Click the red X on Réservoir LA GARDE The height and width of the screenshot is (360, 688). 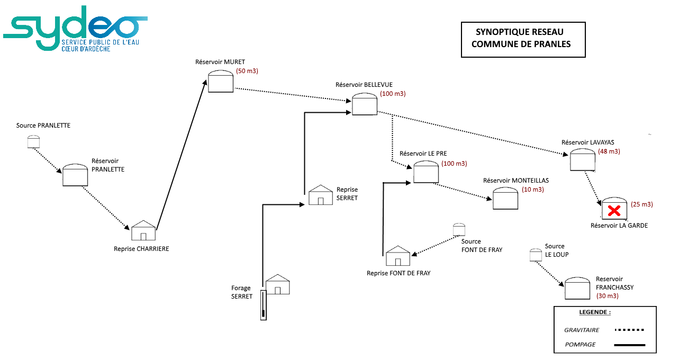point(614,211)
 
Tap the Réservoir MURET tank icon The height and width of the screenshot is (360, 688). point(221,81)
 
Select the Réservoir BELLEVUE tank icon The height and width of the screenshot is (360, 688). point(365,104)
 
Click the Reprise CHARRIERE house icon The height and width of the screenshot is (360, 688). point(143,230)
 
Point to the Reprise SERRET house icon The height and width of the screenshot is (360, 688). point(321,195)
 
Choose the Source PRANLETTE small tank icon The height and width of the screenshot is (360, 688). point(33,141)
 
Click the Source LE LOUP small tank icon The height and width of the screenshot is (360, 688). point(536,255)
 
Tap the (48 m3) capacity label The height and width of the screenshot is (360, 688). point(609,151)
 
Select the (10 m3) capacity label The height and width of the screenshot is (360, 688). point(533,190)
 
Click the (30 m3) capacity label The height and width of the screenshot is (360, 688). point(608,296)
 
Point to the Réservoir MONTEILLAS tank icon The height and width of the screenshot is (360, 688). point(505,199)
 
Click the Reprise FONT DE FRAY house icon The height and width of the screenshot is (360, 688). point(398,256)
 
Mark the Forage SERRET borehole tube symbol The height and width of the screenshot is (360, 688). point(263,305)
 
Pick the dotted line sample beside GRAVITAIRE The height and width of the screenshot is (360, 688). point(629,330)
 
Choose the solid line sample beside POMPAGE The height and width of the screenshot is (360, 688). point(630,345)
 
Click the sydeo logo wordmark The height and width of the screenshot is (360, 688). point(75,28)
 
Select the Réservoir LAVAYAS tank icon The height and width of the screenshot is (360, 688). point(583,160)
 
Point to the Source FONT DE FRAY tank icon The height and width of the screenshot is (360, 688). point(459,230)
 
